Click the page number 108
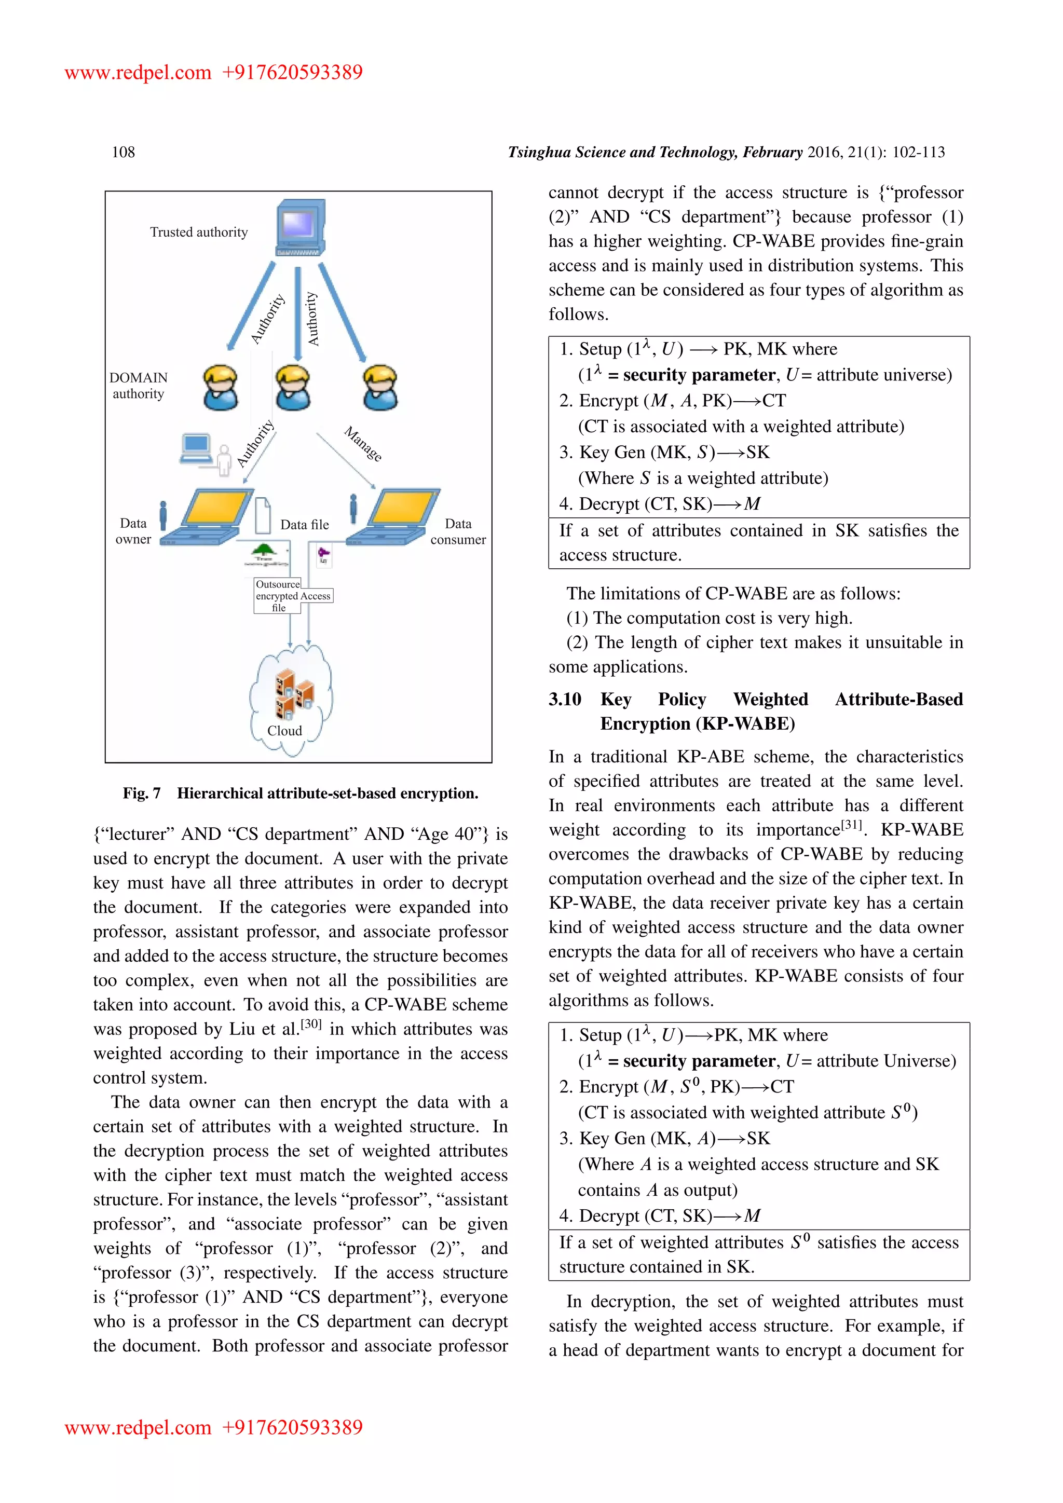[123, 152]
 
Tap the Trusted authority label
[198, 233]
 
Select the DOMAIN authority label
[138, 386]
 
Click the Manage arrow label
[363, 444]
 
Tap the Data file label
[304, 524]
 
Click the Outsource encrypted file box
[278, 596]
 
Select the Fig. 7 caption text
[301, 794]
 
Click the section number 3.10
[564, 699]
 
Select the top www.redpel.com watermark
[138, 72]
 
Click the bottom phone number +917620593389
[293, 1427]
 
